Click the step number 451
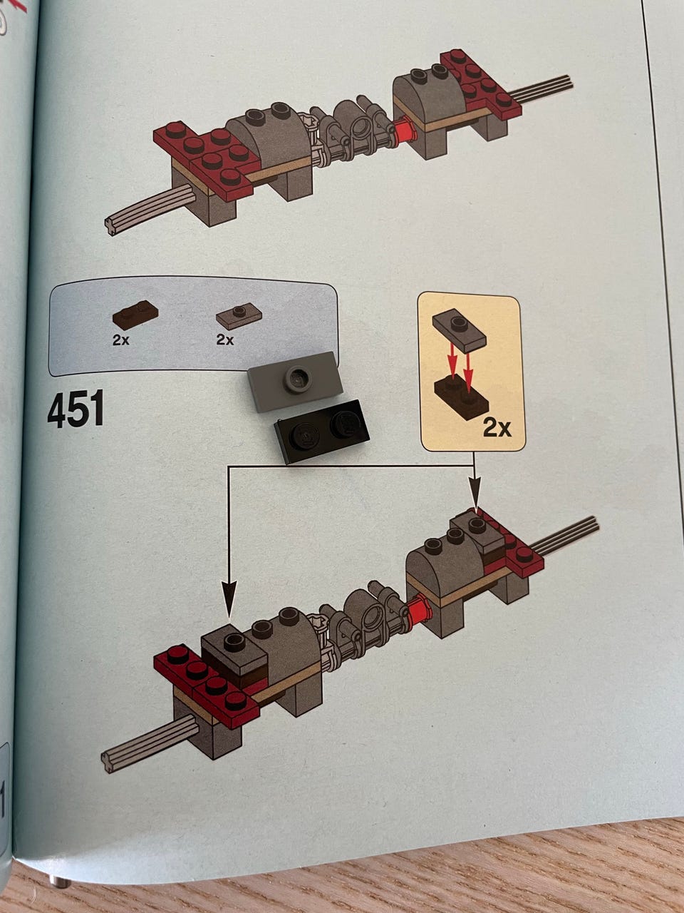click(x=76, y=409)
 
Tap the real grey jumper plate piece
click(x=295, y=381)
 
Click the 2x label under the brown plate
click(x=121, y=340)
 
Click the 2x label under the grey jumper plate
click(x=224, y=340)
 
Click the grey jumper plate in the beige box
click(x=459, y=330)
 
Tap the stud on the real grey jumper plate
click(x=296, y=377)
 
